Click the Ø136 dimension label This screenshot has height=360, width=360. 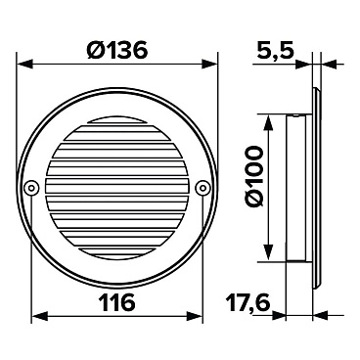117,51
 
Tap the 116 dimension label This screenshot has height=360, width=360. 116,302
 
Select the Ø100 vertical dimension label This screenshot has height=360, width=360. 254,176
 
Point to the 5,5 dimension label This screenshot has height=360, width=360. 275,51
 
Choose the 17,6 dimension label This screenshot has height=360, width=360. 247,302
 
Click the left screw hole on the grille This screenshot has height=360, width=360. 30,188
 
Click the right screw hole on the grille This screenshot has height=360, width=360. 202,188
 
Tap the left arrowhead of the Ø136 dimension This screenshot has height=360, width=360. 24,64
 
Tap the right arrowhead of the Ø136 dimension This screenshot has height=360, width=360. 209,64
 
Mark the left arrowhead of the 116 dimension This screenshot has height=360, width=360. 39,316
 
